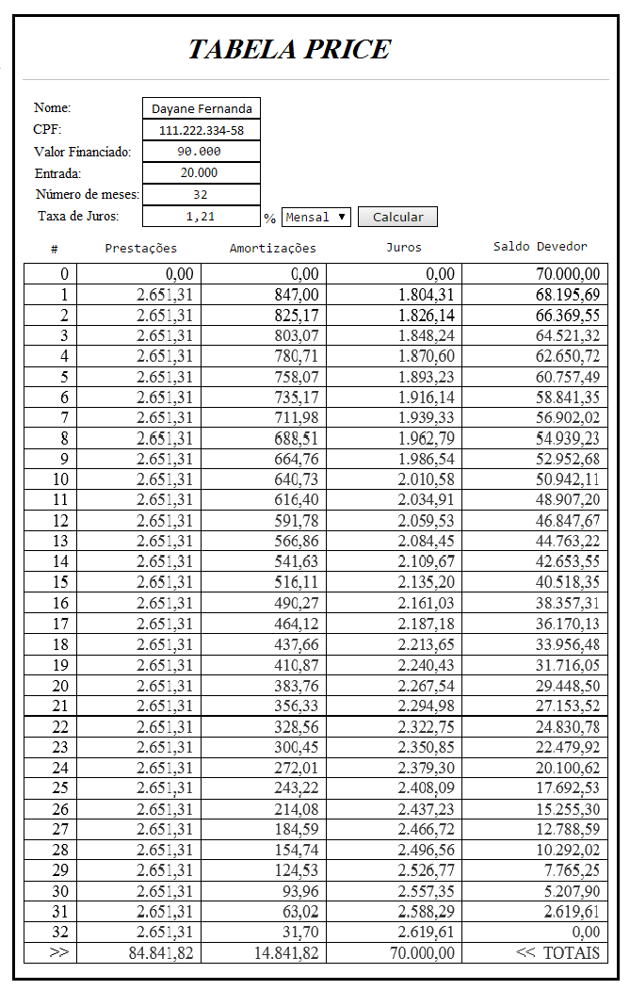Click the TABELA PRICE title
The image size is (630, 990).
coord(289,49)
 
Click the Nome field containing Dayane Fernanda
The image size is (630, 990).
coord(202,108)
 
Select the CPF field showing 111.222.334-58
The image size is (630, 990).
coord(202,130)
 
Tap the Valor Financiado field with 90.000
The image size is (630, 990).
coord(202,152)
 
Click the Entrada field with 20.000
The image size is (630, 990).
coord(202,173)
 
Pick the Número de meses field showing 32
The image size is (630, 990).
coord(202,195)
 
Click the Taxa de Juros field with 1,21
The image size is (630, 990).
coord(202,217)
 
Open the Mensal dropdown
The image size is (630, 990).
coord(316,217)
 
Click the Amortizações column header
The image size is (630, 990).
coord(273,249)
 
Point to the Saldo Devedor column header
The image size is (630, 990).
coord(541,247)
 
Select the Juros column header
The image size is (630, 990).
coord(404,248)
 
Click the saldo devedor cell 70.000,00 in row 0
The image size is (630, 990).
coord(535,274)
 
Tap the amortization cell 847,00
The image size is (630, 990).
coord(261,295)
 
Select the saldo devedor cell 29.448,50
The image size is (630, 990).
coord(535,686)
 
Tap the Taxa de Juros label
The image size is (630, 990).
coord(78,217)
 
